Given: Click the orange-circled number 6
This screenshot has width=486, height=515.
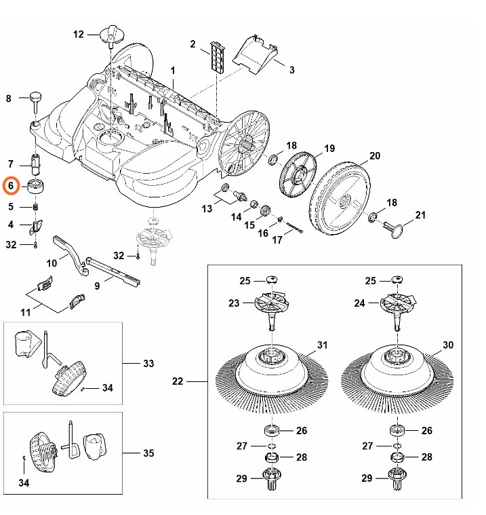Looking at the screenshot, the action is click(x=11, y=186).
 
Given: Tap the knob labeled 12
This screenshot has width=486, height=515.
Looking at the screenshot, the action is click(x=112, y=35).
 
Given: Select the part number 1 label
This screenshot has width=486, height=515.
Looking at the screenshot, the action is click(x=173, y=71).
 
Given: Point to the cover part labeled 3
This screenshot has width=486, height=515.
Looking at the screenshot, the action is click(x=255, y=53).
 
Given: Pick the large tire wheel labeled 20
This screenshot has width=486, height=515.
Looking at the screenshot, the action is click(x=339, y=198).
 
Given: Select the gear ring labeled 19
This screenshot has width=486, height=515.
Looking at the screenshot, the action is click(x=298, y=174).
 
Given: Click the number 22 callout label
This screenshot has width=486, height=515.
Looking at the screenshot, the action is click(x=177, y=381).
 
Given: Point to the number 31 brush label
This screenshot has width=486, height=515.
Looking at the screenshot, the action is click(x=322, y=345).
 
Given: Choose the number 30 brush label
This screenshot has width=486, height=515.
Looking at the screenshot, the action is click(x=448, y=345).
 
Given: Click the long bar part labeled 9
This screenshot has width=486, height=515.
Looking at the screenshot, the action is click(x=113, y=271).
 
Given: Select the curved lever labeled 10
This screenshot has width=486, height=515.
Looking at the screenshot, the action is click(x=72, y=255).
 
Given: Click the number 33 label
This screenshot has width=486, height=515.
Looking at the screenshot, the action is click(x=148, y=364).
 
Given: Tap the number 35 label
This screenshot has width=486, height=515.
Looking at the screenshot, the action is click(x=148, y=453).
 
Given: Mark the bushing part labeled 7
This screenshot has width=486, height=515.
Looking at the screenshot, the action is click(x=35, y=164).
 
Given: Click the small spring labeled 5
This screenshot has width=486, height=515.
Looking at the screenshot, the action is click(x=36, y=207).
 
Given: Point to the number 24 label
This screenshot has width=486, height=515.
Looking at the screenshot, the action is click(x=359, y=303).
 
